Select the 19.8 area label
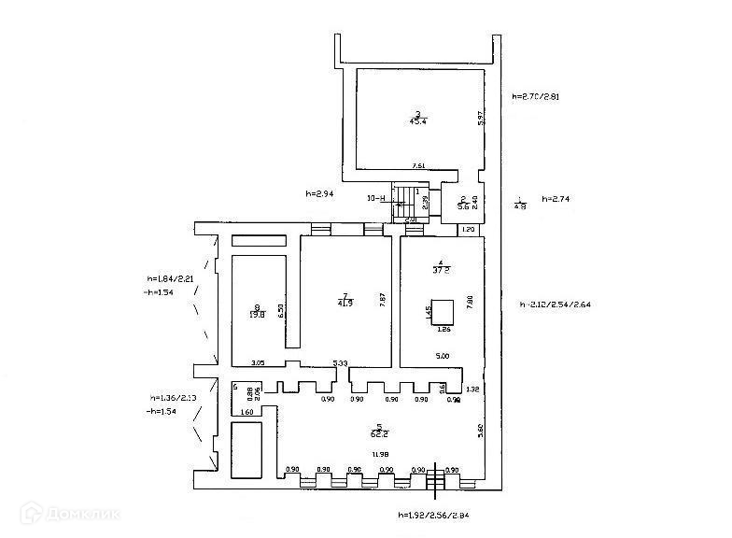click(x=257, y=316)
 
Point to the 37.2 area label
click(x=442, y=269)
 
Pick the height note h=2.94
click(x=320, y=194)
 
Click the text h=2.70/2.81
click(x=535, y=96)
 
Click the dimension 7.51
click(x=420, y=166)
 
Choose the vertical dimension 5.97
click(x=479, y=119)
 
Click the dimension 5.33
click(x=341, y=363)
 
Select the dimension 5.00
click(x=443, y=355)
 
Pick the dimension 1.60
click(x=246, y=412)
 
